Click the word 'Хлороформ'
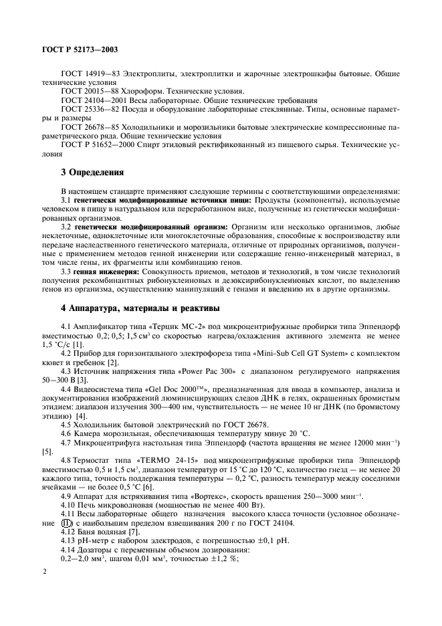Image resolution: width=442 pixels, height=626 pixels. tap(142, 92)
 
